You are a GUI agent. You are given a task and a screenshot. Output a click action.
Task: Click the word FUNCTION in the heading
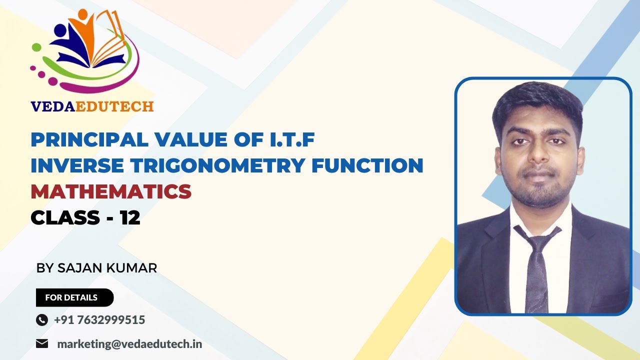(367, 165)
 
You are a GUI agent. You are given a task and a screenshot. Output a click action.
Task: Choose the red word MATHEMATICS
(111, 191)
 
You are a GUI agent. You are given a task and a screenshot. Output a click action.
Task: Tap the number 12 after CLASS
(129, 217)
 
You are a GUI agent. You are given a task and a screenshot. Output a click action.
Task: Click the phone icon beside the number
(42, 320)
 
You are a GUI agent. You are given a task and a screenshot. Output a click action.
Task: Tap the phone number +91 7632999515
(99, 320)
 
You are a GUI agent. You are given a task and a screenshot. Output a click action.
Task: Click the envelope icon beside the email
(42, 344)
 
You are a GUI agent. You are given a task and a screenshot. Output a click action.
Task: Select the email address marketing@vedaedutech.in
(129, 344)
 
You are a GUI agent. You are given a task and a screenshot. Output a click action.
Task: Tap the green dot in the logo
(36, 47)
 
